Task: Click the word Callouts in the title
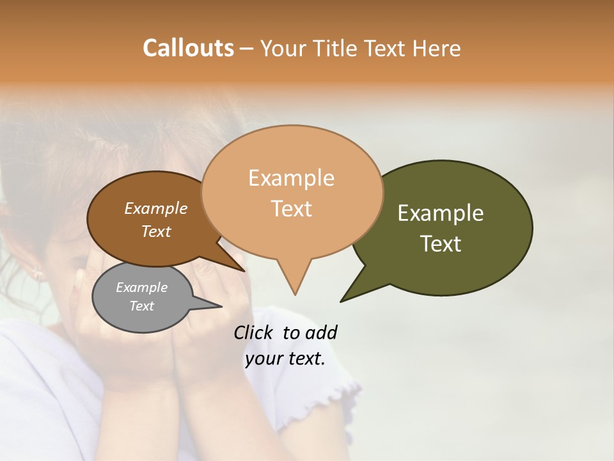188,48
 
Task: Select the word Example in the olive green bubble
441,213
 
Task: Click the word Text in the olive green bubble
441,244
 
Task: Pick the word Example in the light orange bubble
291,178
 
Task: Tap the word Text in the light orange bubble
292,209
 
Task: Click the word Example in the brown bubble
155,208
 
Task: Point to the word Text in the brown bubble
155,231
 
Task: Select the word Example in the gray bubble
141,287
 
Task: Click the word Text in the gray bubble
141,306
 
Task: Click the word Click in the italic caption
255,332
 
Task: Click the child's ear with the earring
36,269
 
